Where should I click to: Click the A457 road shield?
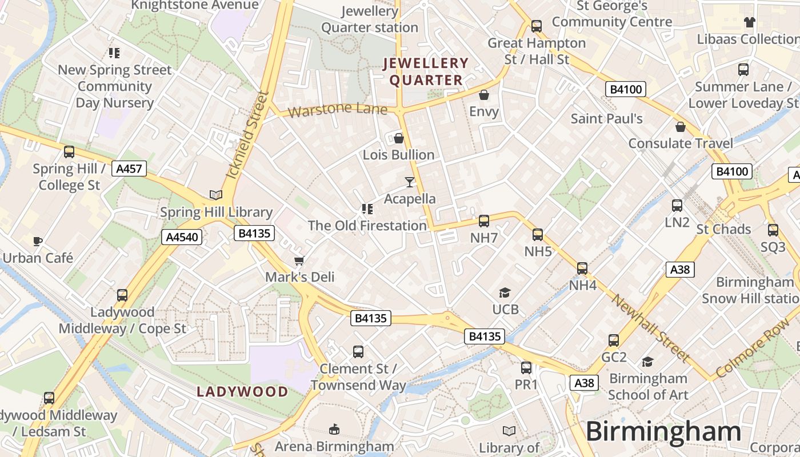tap(130, 169)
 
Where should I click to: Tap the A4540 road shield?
tap(182, 237)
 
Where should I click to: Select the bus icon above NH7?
tap(484, 221)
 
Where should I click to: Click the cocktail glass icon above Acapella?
tap(409, 182)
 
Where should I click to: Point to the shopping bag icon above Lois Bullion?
tap(398, 138)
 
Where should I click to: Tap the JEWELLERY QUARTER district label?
tap(426, 72)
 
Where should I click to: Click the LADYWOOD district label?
tap(242, 392)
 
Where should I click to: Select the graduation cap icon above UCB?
tap(505, 293)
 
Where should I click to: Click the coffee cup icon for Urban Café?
tap(38, 241)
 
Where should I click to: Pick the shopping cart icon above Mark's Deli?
tap(299, 261)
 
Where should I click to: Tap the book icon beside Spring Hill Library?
tap(215, 195)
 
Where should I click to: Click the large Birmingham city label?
tap(663, 431)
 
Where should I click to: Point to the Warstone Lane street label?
tap(337, 109)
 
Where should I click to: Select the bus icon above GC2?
tap(614, 340)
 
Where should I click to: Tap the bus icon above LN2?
tap(677, 206)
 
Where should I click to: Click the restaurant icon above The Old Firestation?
tap(367, 209)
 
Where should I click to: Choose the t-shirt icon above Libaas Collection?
tap(749, 22)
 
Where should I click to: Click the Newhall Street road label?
tap(650, 328)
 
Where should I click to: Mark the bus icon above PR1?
tap(526, 368)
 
